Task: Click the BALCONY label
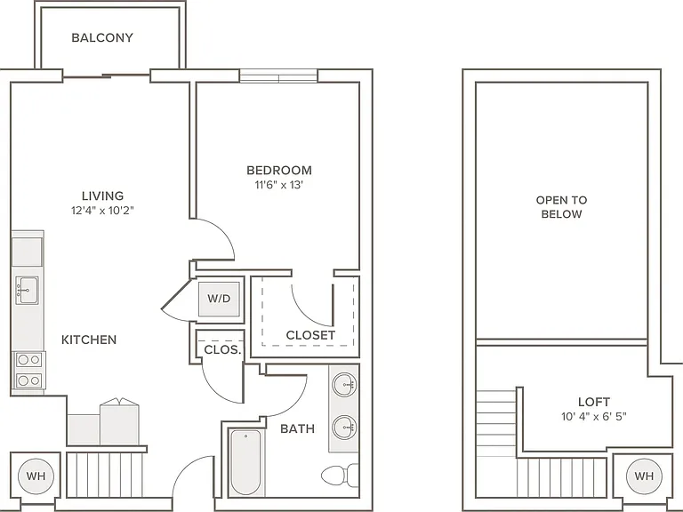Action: point(102,37)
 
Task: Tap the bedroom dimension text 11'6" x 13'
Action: point(278,185)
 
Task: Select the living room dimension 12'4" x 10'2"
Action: point(102,211)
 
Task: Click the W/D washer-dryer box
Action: point(219,299)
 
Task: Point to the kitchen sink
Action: point(27,290)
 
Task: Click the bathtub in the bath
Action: point(245,462)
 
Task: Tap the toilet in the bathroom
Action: point(340,476)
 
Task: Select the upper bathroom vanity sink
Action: point(344,385)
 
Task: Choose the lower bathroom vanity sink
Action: point(344,427)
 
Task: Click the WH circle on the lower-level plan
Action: point(36,476)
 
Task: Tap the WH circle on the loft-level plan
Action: point(644,476)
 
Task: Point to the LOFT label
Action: point(594,402)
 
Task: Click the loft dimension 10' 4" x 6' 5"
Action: point(594,417)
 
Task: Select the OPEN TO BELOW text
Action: point(561,207)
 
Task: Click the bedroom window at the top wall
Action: point(278,76)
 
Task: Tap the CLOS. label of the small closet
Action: point(222,349)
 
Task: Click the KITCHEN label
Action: point(89,340)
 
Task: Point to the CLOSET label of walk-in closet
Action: point(310,335)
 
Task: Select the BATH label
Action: point(298,428)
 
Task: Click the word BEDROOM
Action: point(279,171)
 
